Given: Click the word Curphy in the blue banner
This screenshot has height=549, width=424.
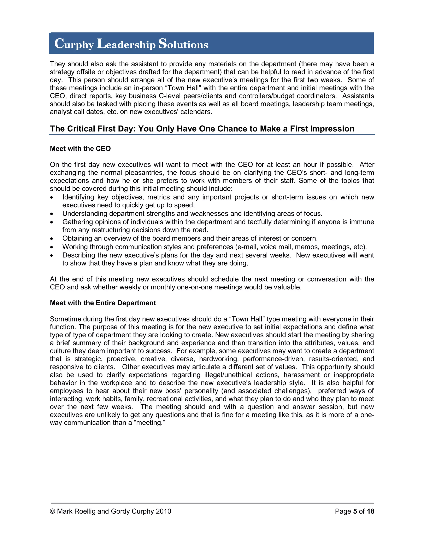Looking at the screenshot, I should (74, 44).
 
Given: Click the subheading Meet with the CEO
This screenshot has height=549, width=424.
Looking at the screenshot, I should (80, 149).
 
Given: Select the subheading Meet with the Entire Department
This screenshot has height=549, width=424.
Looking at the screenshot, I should (103, 303).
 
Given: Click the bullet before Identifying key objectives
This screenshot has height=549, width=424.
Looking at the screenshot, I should (52, 198).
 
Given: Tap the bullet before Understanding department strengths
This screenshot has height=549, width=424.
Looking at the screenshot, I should (52, 214).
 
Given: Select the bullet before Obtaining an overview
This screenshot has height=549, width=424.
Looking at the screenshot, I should (52, 239).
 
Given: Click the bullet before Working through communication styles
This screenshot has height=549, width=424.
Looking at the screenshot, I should (52, 247).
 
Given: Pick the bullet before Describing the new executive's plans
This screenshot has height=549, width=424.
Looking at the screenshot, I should (52, 256).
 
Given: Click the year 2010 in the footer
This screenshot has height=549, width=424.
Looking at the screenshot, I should (163, 511).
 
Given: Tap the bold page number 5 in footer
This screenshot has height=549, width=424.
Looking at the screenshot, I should (355, 511).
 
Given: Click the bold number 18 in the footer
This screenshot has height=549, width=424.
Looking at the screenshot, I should (370, 511).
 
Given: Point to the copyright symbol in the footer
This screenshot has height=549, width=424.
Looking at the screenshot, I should (53, 511).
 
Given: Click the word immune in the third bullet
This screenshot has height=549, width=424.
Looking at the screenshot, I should (362, 222).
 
